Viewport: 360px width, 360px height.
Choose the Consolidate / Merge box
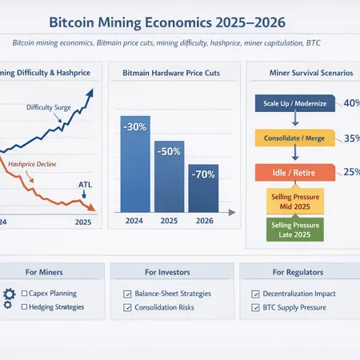point(295,138)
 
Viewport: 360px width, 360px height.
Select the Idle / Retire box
point(295,171)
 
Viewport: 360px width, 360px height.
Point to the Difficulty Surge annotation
point(49,106)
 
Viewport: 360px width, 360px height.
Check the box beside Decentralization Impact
point(255,294)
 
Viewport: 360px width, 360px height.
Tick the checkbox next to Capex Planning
point(26,294)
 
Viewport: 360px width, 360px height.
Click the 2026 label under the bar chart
point(204,220)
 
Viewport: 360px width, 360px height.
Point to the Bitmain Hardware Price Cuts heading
point(171,74)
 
